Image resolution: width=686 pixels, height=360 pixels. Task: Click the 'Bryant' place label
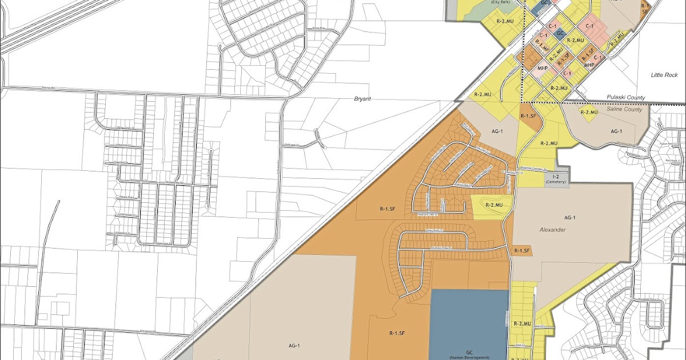coord(363,99)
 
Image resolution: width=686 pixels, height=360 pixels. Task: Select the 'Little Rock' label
coord(664,75)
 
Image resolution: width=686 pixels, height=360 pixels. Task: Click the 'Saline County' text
coord(626,109)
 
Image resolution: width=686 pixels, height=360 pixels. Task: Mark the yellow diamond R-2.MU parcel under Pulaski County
coord(589,113)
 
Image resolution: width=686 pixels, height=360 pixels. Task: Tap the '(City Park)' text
coord(500,2)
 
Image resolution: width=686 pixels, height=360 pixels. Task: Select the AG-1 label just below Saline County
coord(616,131)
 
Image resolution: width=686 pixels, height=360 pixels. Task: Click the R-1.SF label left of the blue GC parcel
coord(398,333)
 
